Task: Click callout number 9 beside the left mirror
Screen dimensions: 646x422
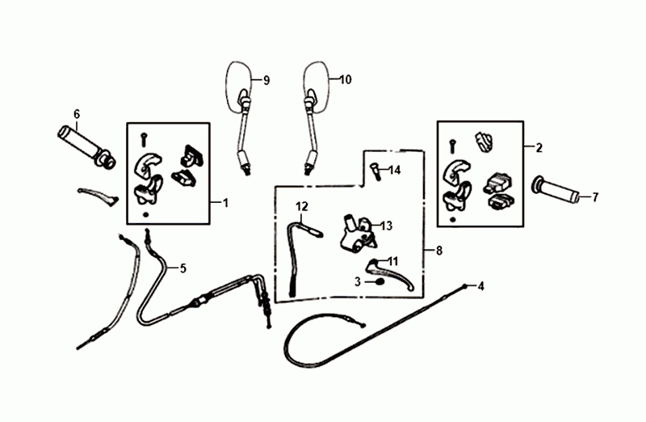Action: [266, 81]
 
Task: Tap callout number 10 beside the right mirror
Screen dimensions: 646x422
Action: [346, 79]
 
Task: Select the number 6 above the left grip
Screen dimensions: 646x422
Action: [77, 114]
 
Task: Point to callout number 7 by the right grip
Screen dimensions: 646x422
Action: [595, 197]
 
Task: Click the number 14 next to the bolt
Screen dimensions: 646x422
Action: [394, 170]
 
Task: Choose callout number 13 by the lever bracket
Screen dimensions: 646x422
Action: [387, 226]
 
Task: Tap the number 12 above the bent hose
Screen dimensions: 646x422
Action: [301, 206]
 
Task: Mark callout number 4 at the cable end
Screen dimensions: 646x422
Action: [480, 286]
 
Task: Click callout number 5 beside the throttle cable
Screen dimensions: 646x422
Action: [183, 268]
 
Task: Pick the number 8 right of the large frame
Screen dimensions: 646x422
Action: [438, 250]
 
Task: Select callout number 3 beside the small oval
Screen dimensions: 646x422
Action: [358, 282]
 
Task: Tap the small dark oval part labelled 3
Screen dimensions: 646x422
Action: [380, 282]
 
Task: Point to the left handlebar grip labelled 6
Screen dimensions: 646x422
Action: [86, 147]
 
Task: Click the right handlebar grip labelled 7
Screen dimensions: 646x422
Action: [557, 191]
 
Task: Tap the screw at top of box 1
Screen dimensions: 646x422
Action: [144, 139]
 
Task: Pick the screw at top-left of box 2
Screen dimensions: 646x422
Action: [452, 146]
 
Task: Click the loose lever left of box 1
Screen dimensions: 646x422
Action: [98, 196]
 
